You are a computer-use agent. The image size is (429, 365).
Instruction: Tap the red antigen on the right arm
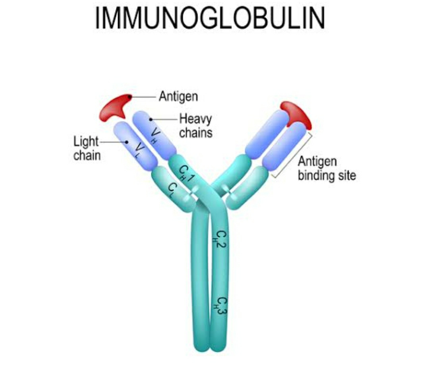296,113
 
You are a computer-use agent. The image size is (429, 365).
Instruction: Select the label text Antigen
178,96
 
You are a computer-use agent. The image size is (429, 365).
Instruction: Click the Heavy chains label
196,125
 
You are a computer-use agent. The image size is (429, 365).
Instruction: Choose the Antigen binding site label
327,168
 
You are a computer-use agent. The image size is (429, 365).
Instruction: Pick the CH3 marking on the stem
221,306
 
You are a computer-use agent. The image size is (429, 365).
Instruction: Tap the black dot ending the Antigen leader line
129,96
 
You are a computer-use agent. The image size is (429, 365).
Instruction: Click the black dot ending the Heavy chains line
151,118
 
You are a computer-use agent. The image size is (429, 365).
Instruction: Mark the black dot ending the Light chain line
126,142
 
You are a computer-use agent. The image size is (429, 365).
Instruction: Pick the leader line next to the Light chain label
113,142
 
